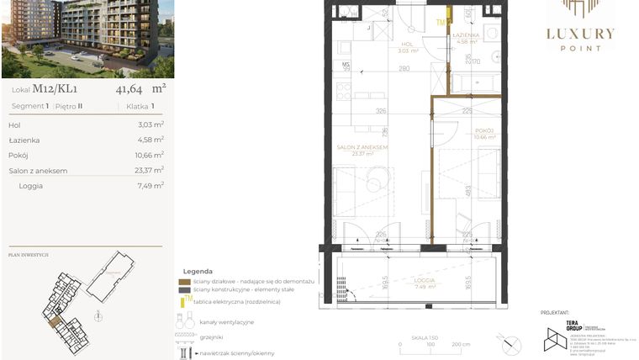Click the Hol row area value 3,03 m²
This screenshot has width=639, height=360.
151,125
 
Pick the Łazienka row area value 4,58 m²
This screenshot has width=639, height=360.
151,140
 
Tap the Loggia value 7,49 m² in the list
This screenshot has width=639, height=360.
151,186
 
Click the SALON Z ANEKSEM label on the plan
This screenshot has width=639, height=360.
362,147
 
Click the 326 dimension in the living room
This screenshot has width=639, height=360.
380,110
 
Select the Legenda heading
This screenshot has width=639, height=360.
197,271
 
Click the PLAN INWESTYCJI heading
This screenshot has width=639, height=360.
28,254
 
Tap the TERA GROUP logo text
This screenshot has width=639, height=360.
572,325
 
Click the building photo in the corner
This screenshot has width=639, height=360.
87,39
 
